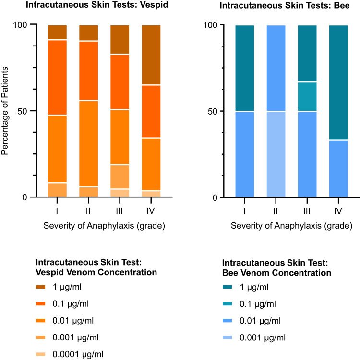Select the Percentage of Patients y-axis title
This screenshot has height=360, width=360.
tap(6, 111)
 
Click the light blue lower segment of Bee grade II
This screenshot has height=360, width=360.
tap(276, 154)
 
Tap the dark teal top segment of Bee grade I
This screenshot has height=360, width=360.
tap(245, 68)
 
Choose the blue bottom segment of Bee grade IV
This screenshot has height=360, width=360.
tap(338, 168)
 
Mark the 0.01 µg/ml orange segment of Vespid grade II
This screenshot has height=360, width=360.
tap(88, 143)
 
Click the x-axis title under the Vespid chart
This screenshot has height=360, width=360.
tap(104, 226)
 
